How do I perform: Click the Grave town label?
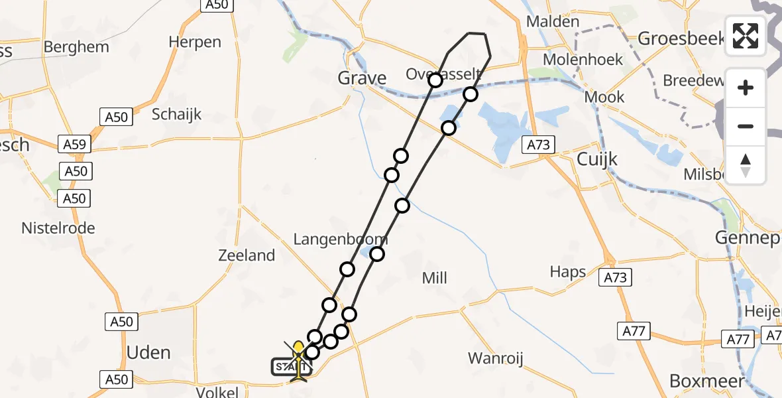pyautogui.click(x=362, y=78)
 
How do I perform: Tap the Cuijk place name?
pyautogui.click(x=597, y=159)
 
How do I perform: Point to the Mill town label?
pyautogui.click(x=434, y=278)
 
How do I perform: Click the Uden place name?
pyautogui.click(x=148, y=352)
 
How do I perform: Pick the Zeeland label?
pyautogui.click(x=247, y=255)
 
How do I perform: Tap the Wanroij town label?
pyautogui.click(x=496, y=359)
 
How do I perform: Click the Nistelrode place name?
pyautogui.click(x=58, y=228)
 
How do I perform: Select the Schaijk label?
pyautogui.click(x=176, y=113)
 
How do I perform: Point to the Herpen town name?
pyautogui.click(x=195, y=42)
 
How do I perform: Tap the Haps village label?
pyautogui.click(x=568, y=271)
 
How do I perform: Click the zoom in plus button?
pyautogui.click(x=746, y=88)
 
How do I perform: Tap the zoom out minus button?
pyautogui.click(x=746, y=126)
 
